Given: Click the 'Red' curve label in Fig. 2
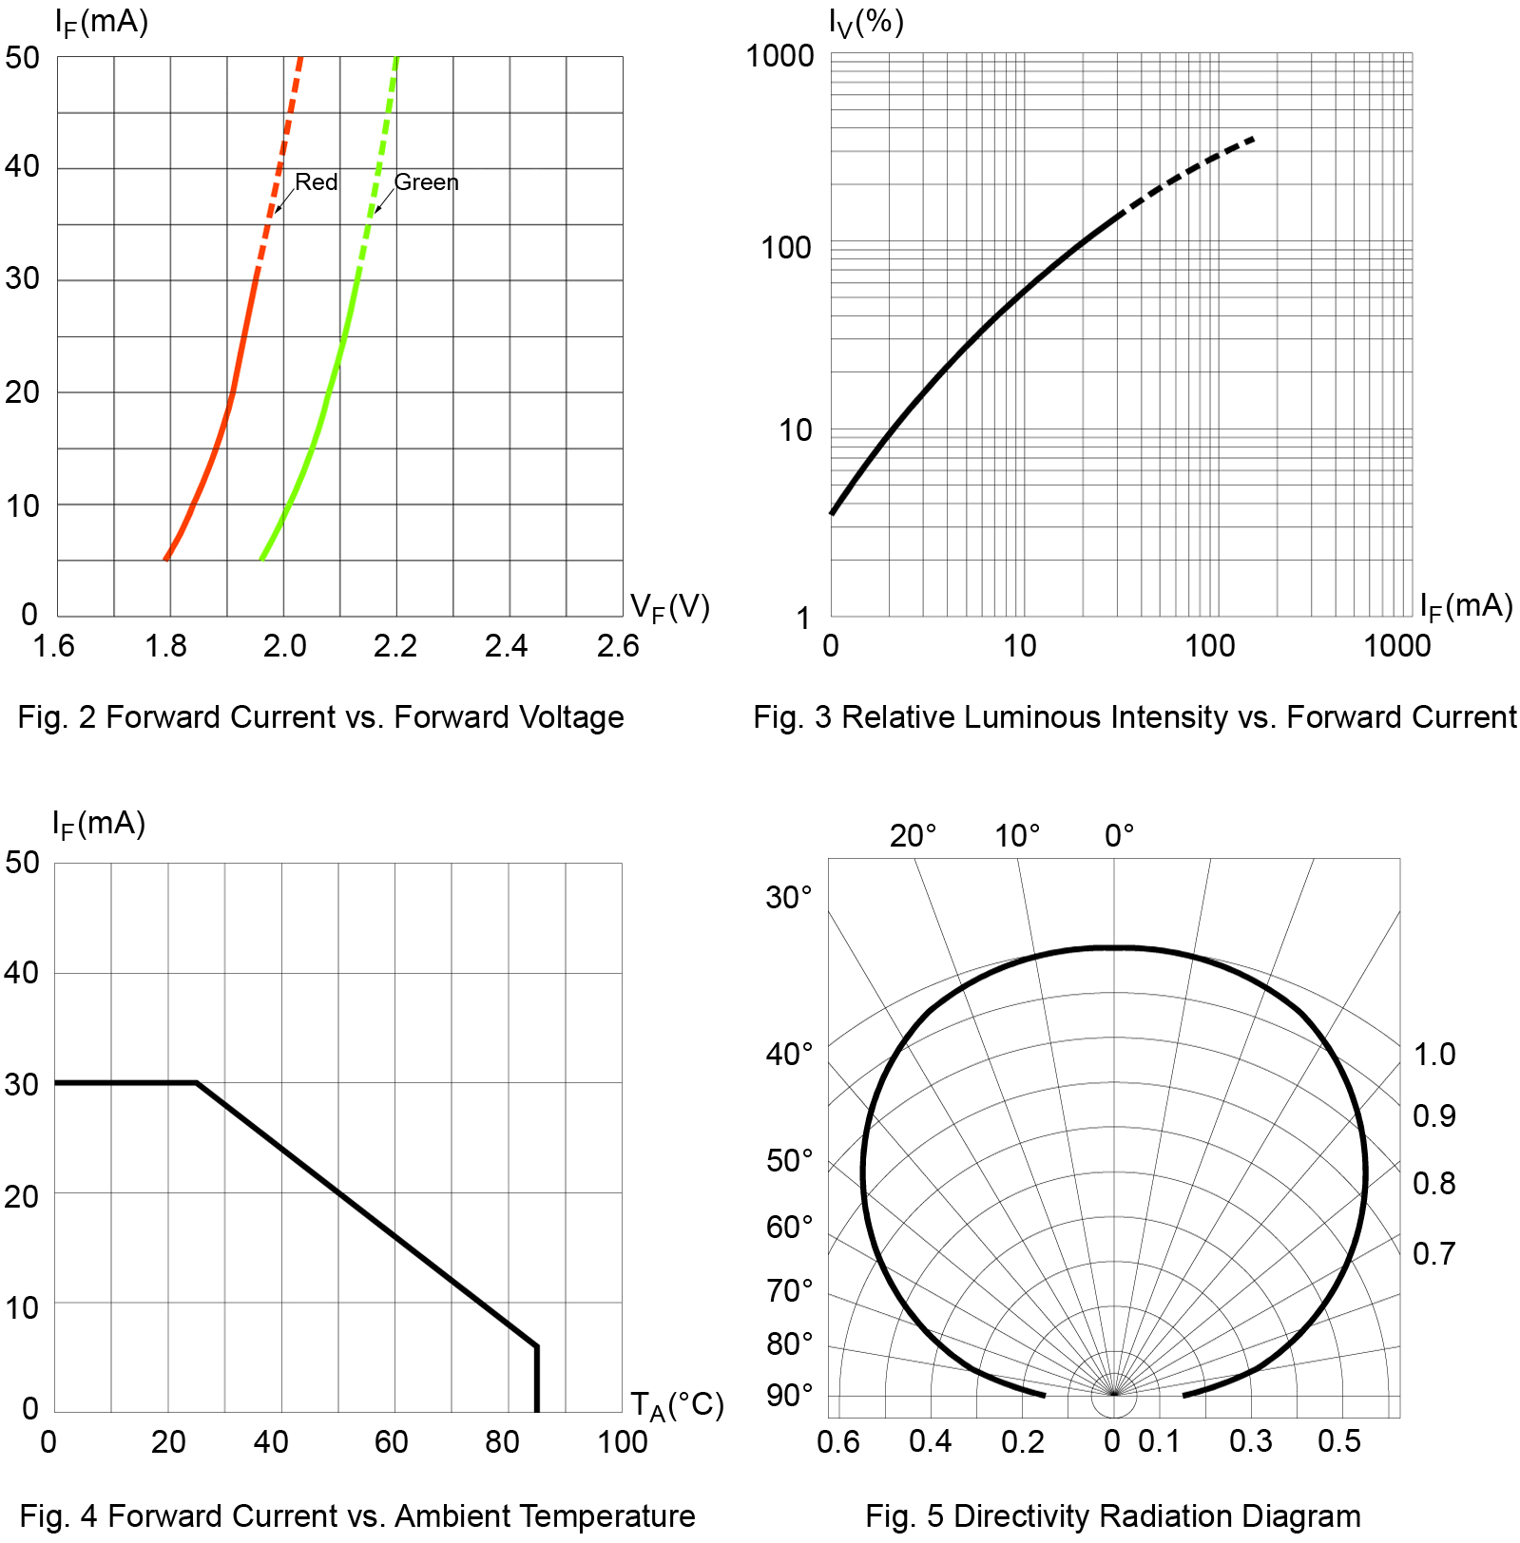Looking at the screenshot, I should pyautogui.click(x=316, y=181).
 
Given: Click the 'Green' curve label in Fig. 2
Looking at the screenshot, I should pyautogui.click(x=426, y=181).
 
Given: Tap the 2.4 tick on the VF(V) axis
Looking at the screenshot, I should pyautogui.click(x=506, y=646).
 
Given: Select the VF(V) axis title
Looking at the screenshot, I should pyautogui.click(x=669, y=607).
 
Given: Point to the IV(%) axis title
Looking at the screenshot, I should pyautogui.click(x=865, y=21).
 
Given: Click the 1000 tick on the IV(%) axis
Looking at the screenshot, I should pyautogui.click(x=779, y=56).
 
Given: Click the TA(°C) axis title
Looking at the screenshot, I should pyautogui.click(x=677, y=1405).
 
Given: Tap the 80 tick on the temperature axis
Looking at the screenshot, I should pyautogui.click(x=502, y=1442).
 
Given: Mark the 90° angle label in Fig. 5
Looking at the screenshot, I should pyautogui.click(x=789, y=1396).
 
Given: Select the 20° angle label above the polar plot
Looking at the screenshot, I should pyautogui.click(x=913, y=836).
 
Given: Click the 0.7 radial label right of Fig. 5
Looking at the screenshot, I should pyautogui.click(x=1433, y=1254).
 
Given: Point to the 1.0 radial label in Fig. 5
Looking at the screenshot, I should pyautogui.click(x=1433, y=1054).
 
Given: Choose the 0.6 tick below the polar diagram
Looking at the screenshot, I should pyautogui.click(x=837, y=1442).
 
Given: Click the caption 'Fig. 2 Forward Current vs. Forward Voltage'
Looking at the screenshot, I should pyautogui.click(x=320, y=717).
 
